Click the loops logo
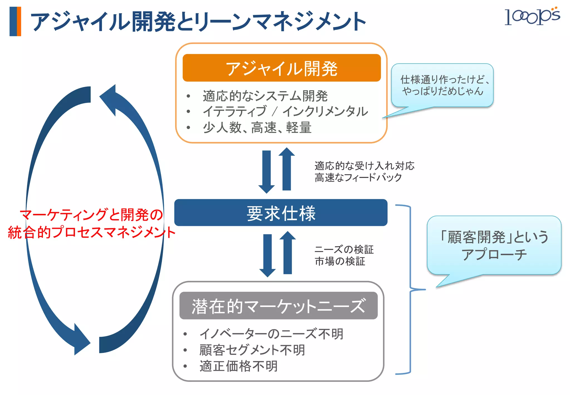coord(532,16)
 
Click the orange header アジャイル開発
coord(281,68)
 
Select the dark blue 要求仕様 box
coord(281,213)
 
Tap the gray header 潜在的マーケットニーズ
coord(278,306)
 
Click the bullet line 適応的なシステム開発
coord(265,96)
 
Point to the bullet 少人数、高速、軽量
coord(257,128)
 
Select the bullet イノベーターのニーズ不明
coord(271,334)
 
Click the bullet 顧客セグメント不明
coord(252,350)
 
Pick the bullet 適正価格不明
coord(239,366)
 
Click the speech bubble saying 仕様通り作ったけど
coord(442,85)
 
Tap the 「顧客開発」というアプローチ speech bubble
coord(494,245)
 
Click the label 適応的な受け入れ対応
coord(364,166)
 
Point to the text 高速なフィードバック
coord(358,177)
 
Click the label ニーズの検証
coord(344,249)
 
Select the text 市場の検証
coord(340,261)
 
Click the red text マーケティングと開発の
coord(91,215)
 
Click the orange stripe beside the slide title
coord(19,21)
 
